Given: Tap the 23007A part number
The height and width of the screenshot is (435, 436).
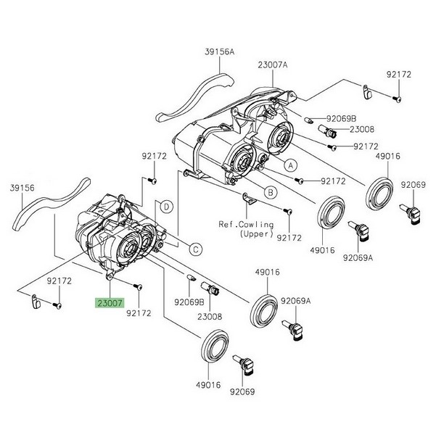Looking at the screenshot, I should pos(272,65).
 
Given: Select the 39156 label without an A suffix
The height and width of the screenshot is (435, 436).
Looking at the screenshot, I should pos(22,187).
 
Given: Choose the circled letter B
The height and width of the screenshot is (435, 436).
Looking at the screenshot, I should pos(270,192).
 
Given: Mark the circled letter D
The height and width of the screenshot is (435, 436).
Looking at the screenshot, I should pos(167,207).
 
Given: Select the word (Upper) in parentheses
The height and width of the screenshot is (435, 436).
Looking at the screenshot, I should pos(247,234).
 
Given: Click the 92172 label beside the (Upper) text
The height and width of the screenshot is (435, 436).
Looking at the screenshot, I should pos(289,238).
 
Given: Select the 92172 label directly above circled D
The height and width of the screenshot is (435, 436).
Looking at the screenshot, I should pos(154,156).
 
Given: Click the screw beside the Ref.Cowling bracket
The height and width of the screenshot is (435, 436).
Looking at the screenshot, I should pos(288,211).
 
